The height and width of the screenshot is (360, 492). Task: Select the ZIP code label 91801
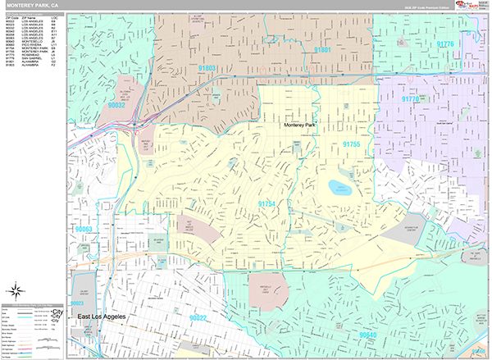[322, 50]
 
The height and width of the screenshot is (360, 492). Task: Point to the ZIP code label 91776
[444, 43]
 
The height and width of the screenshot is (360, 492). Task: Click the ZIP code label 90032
[116, 104]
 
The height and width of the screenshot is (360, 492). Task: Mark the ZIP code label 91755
[352, 144]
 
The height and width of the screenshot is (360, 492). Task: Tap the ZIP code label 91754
[267, 202]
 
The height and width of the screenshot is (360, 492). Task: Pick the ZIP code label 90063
[83, 230]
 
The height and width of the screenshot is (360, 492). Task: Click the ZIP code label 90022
[198, 317]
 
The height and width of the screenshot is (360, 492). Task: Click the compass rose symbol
[16, 290]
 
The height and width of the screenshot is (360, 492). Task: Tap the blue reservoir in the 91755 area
[339, 188]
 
